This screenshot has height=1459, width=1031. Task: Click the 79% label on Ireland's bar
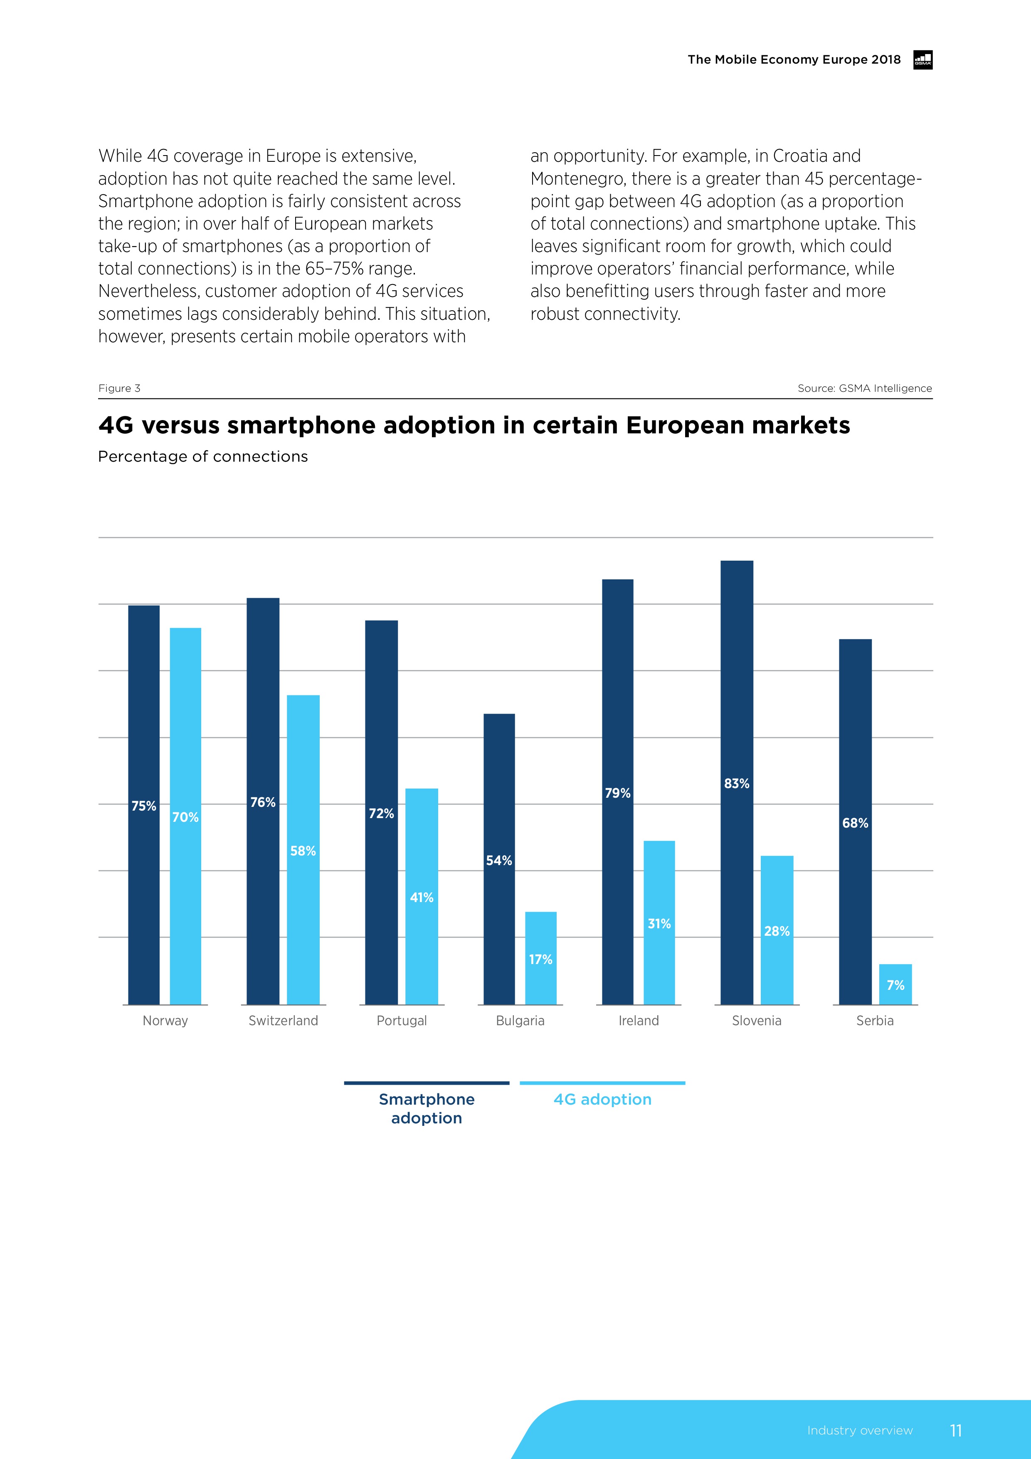(x=617, y=793)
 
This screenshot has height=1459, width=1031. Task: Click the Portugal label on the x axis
(x=402, y=1021)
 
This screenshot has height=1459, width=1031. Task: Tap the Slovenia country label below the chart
(x=757, y=1021)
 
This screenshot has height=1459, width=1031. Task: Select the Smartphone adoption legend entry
(x=426, y=1108)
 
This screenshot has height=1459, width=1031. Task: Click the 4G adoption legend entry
(x=602, y=1099)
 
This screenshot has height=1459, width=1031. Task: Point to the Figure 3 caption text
(x=119, y=388)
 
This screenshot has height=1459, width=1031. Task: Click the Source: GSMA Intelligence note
(x=865, y=388)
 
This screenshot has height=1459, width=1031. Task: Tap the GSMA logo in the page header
(x=922, y=60)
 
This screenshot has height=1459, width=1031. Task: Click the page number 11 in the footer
(x=955, y=1430)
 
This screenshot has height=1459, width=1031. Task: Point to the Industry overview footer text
(x=859, y=1430)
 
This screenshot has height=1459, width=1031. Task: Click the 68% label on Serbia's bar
(x=855, y=823)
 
